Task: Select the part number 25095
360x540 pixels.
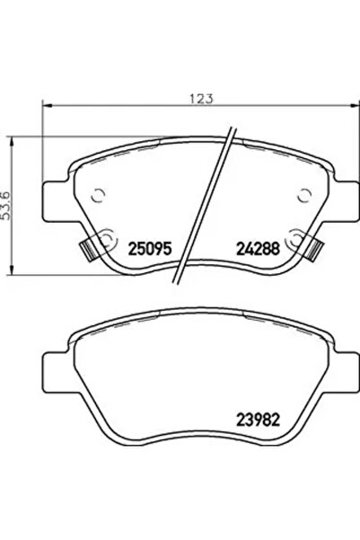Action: (x=152, y=244)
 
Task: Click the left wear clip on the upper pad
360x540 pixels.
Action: (x=91, y=247)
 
